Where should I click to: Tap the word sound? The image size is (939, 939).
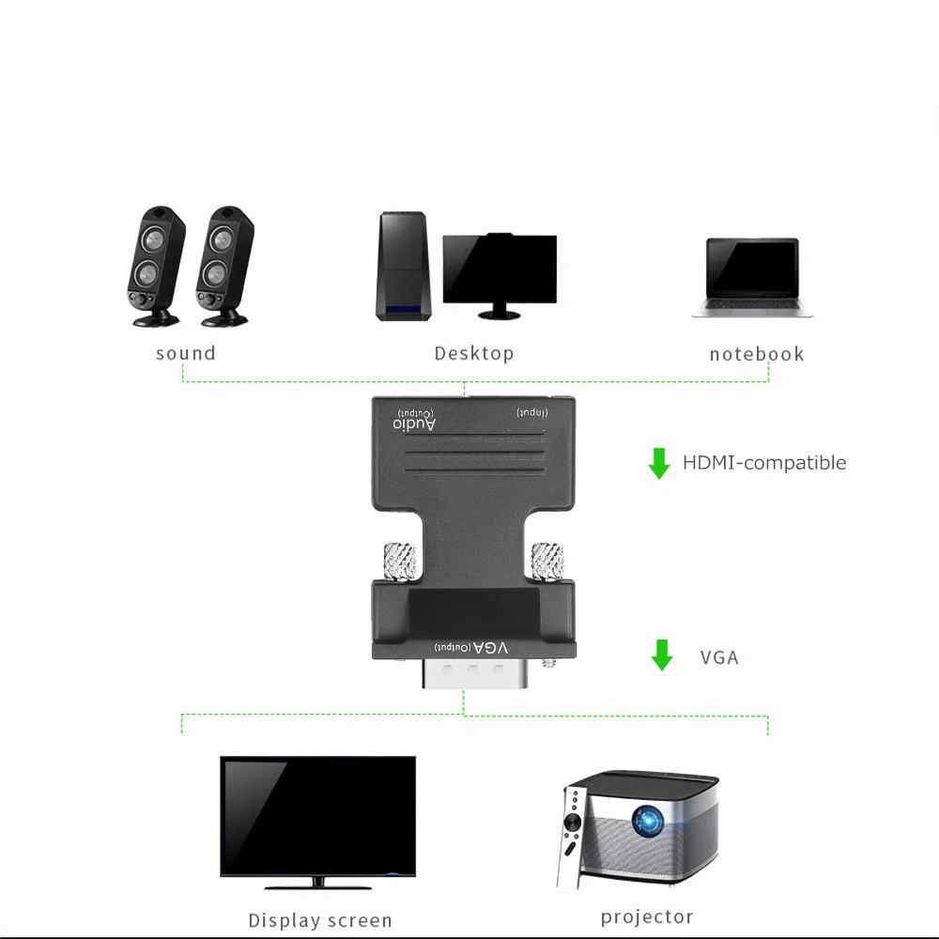[186, 354]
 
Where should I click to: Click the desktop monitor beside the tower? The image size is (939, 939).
[500, 270]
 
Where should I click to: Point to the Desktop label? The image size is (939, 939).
[474, 354]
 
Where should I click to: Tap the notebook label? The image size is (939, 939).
[757, 354]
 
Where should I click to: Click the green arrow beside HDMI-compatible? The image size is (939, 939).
[659, 463]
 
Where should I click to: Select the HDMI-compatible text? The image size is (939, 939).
[764, 463]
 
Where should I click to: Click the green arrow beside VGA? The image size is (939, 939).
[662, 655]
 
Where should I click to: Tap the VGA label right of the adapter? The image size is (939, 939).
[719, 657]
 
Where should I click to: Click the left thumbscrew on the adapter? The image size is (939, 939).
[393, 562]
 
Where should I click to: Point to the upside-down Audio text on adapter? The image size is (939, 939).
[415, 423]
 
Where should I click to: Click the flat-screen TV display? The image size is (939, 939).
[317, 816]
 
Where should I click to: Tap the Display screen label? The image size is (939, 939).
[320, 921]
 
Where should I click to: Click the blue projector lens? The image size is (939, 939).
[647, 823]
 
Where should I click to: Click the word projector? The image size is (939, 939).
[647, 917]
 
